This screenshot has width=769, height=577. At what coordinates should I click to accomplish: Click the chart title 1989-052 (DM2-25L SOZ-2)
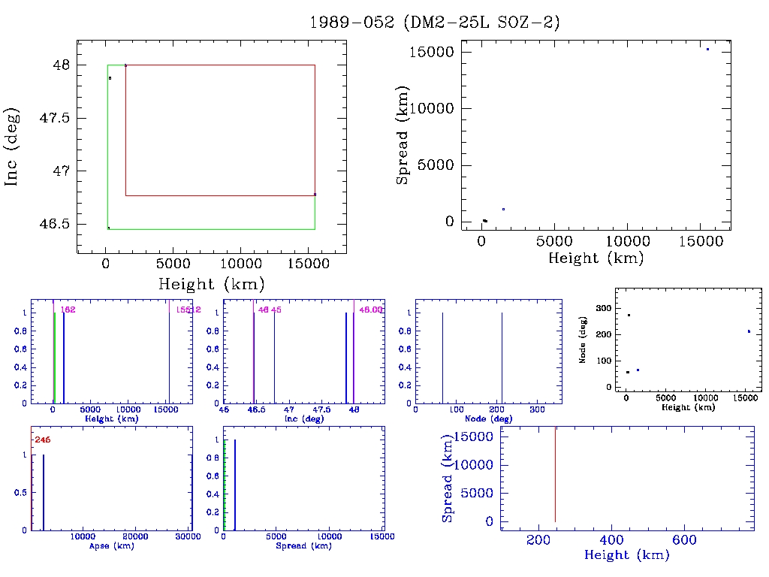(x=435, y=23)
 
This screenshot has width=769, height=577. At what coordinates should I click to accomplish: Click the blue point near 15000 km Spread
(x=707, y=49)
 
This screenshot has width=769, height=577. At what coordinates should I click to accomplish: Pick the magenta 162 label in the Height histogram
(x=68, y=310)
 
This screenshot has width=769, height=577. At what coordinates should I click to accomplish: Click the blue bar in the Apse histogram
(x=44, y=492)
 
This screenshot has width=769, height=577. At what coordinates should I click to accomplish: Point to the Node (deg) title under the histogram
(x=489, y=418)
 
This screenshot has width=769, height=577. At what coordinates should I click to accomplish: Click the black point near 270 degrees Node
(x=629, y=315)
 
